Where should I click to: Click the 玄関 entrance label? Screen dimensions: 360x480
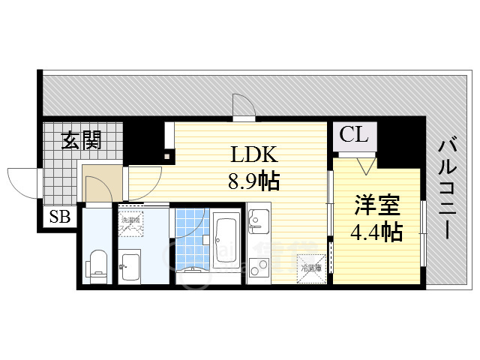point(82,139)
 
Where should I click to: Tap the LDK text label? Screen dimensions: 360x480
point(254,155)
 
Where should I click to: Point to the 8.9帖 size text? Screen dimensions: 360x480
point(254,181)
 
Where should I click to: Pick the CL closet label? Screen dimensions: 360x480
point(354,136)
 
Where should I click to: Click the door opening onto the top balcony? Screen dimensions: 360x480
point(243,106)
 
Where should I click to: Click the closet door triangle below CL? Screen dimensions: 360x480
point(365,165)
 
